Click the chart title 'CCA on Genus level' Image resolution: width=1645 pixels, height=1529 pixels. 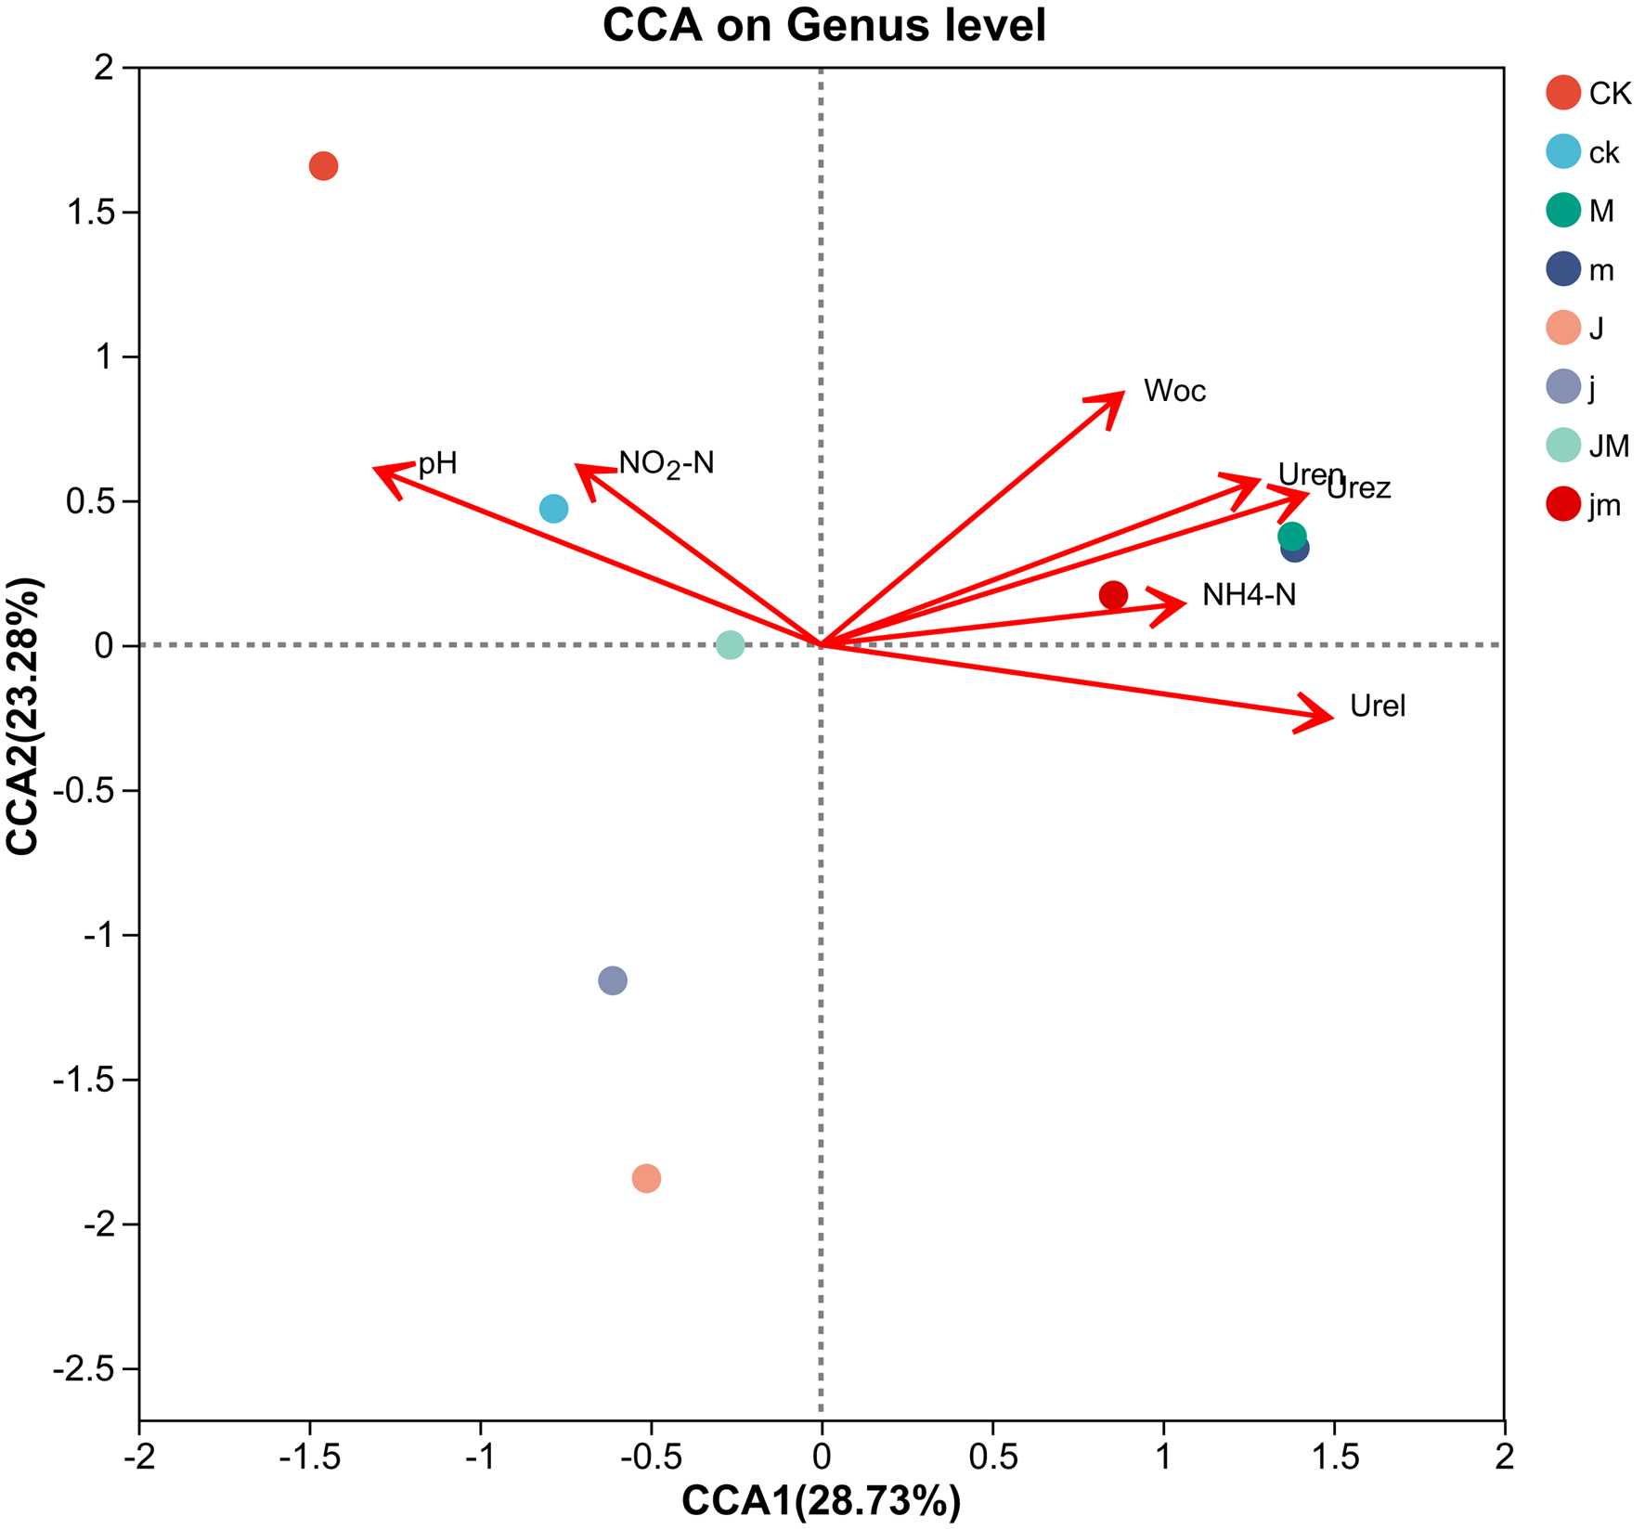823,26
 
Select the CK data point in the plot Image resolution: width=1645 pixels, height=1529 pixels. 323,167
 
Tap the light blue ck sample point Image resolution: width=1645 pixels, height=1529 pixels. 553,509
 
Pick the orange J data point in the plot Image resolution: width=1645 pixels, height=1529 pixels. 646,1178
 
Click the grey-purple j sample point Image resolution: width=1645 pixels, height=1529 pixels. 613,980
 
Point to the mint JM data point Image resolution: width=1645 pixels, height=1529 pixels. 731,645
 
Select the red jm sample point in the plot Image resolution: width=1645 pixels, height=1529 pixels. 1113,595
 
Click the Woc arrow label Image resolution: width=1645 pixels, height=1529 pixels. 1174,391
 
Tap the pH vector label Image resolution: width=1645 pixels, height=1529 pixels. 438,463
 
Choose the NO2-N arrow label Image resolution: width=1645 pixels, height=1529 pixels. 667,462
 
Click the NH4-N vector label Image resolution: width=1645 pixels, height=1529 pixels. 1249,594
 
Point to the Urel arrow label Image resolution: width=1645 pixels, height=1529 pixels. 1378,706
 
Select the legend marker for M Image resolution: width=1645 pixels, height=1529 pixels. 1564,211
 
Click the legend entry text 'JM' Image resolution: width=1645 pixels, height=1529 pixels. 1609,447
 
